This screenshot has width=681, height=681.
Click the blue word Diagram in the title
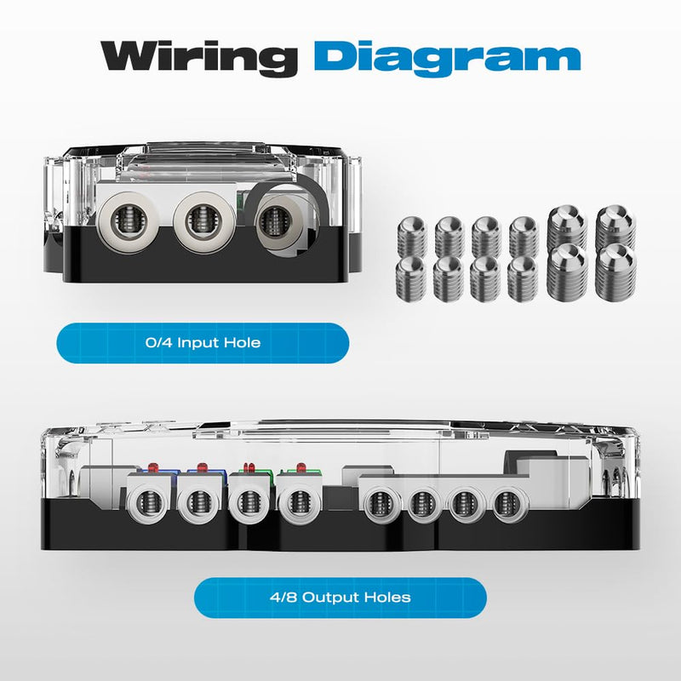[x=448, y=59]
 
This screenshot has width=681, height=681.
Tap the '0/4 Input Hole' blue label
[x=203, y=343]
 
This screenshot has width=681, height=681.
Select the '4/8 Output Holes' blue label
[x=340, y=598]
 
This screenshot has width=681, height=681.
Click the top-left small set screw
[x=412, y=237]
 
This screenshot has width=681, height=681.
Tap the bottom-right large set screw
[x=615, y=272]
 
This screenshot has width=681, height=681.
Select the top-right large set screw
[x=615, y=227]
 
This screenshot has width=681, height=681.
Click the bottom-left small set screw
[x=411, y=278]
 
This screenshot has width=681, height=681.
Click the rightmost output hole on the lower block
[x=507, y=504]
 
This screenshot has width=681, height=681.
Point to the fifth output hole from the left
[x=381, y=504]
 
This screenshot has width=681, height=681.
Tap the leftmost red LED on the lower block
[x=153, y=467]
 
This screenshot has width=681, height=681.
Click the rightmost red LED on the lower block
[x=301, y=467]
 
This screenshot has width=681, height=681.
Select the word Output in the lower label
[x=331, y=598]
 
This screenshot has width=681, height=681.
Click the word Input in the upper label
[x=198, y=343]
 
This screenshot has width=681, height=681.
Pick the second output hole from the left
[x=199, y=502]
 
